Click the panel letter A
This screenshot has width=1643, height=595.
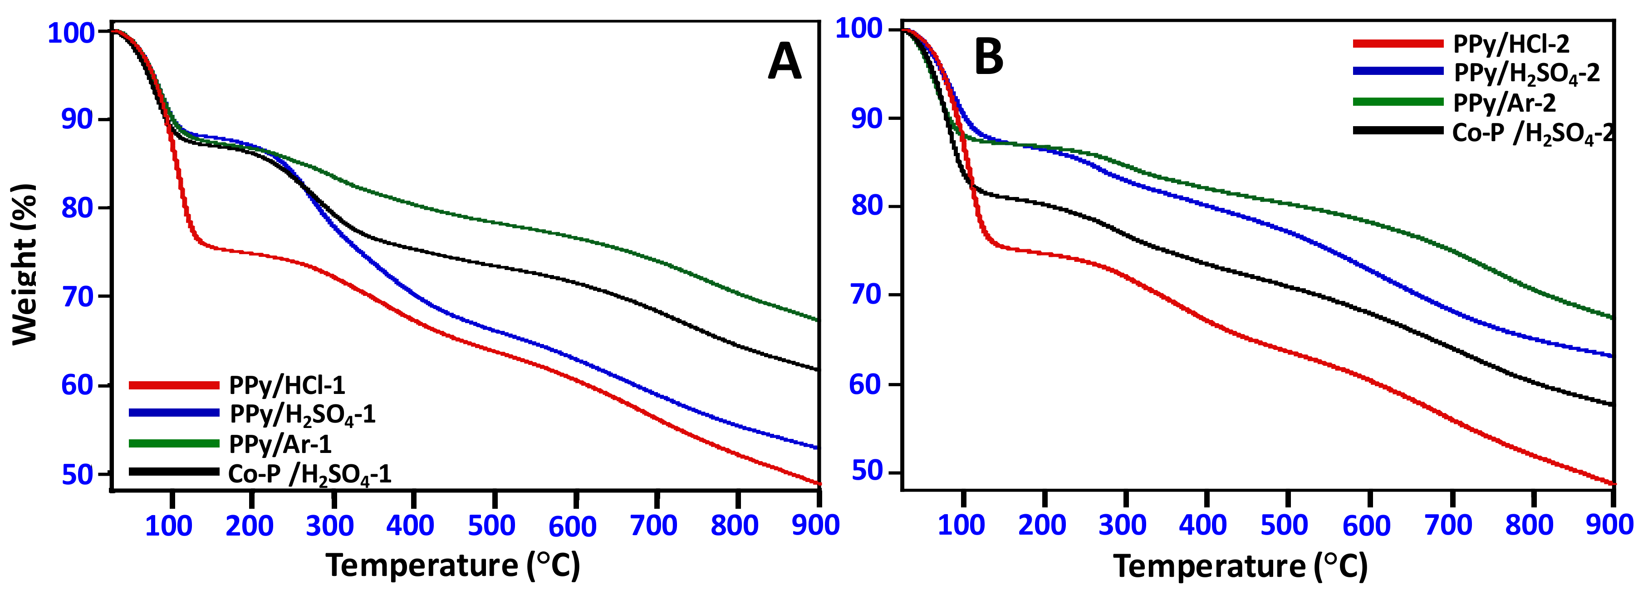785,62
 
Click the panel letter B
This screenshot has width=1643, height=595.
989,57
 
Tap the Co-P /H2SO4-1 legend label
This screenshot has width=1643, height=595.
309,474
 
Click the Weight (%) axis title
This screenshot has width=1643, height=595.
24,265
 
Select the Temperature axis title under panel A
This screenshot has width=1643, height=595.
453,565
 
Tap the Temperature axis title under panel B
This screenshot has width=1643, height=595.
1241,565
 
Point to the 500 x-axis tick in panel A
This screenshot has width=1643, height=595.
492,526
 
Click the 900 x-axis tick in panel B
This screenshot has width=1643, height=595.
1609,525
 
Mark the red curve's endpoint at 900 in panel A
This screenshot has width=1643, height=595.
818,483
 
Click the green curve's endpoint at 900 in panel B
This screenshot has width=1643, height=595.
1613,317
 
